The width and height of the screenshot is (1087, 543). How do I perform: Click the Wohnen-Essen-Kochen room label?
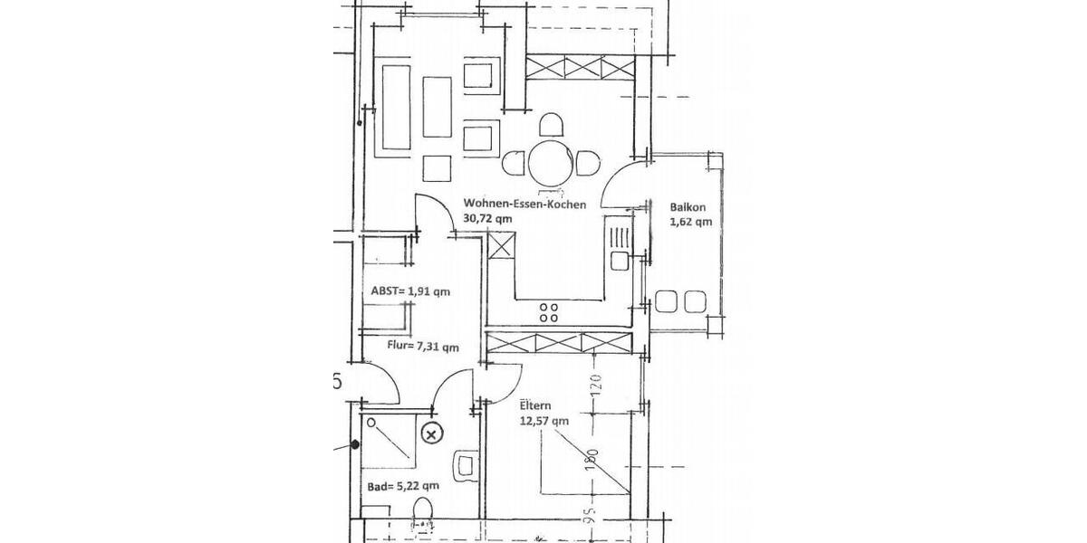click(x=524, y=205)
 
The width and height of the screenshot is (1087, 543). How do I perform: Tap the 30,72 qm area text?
click(x=489, y=219)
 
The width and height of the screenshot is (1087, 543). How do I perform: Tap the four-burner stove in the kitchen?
click(x=549, y=313)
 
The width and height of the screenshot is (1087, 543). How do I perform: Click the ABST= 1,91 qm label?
click(x=410, y=291)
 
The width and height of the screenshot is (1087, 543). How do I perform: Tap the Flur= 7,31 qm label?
click(x=409, y=347)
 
